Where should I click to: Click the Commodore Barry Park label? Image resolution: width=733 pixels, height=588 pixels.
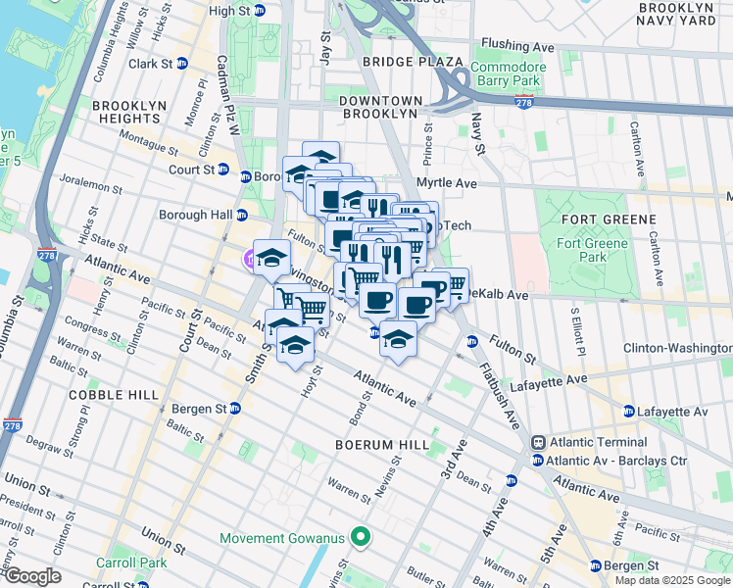[506, 74]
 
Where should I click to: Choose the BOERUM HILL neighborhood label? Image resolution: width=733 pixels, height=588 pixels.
[381, 445]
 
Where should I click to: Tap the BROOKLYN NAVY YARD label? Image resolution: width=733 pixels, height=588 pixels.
[681, 14]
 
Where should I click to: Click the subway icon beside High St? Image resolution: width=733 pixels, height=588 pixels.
[259, 11]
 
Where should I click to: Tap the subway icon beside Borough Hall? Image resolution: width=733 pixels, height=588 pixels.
[240, 214]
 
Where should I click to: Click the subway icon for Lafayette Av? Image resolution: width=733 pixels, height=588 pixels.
[629, 412]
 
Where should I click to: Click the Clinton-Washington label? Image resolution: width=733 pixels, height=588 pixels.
[677, 348]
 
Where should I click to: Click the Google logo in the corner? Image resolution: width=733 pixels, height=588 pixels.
[31, 576]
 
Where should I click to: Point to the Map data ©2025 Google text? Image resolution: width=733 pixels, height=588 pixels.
[671, 580]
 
